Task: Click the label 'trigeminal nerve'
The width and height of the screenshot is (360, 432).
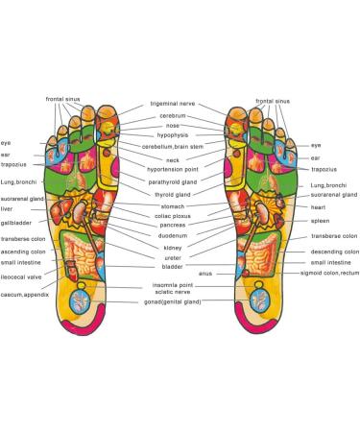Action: [x=173, y=104]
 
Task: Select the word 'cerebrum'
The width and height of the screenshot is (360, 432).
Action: [x=173, y=115]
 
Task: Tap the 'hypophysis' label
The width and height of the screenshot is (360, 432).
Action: [x=173, y=136]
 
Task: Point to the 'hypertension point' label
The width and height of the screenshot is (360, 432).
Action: [x=173, y=169]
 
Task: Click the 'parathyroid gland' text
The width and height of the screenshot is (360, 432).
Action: [x=173, y=181]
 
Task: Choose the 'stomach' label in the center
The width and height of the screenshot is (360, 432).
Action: [x=173, y=205]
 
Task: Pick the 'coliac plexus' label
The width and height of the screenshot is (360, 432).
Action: [x=173, y=216]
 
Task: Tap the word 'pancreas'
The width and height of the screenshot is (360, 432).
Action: [x=173, y=226]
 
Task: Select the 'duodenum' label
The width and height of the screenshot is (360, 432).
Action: [x=173, y=235]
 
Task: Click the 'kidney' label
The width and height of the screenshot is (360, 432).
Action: [x=173, y=248]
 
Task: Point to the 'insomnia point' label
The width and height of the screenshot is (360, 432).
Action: [x=173, y=285]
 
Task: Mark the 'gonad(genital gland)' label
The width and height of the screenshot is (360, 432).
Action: [x=173, y=301]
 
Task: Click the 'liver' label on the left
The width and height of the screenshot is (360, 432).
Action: [x=7, y=208]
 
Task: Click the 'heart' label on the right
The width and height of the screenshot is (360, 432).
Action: [x=320, y=206]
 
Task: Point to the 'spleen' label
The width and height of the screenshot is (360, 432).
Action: [x=321, y=221]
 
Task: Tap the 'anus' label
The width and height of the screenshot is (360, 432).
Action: [x=205, y=274]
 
